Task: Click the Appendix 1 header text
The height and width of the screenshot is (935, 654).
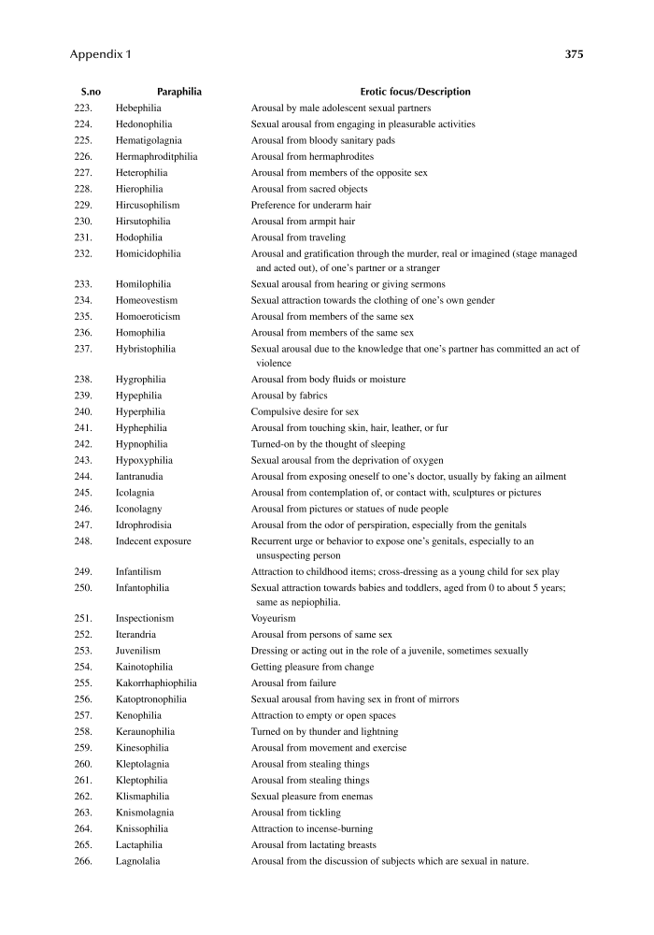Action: pyautogui.click(x=101, y=54)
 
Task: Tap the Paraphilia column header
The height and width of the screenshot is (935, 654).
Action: pyautogui.click(x=179, y=92)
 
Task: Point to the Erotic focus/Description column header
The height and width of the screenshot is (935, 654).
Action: pyautogui.click(x=415, y=92)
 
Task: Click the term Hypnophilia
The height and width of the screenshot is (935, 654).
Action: pyautogui.click(x=142, y=444)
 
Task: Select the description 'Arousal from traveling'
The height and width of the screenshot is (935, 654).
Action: pyautogui.click(x=298, y=237)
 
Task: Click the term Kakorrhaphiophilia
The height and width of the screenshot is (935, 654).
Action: pyautogui.click(x=156, y=683)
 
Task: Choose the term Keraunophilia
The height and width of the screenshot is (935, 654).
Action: pyautogui.click(x=145, y=731)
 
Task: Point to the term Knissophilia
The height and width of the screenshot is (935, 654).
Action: pyautogui.click(x=144, y=828)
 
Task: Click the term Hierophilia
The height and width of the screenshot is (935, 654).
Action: pyautogui.click(x=141, y=189)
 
